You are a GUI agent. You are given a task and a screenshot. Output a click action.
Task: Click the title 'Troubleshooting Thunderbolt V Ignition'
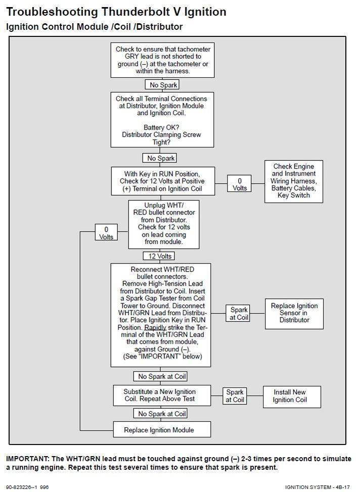(x=116, y=12)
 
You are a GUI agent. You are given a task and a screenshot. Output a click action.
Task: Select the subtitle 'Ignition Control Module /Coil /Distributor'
(x=94, y=27)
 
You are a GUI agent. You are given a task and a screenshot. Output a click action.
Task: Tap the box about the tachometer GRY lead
(x=162, y=60)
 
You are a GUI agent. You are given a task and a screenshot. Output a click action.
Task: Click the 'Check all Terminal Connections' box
(x=161, y=119)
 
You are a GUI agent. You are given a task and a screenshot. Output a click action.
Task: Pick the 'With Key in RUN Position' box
(x=162, y=181)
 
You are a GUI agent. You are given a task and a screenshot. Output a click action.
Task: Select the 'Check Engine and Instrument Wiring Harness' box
(x=293, y=181)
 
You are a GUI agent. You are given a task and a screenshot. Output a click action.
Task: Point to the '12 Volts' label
(x=158, y=256)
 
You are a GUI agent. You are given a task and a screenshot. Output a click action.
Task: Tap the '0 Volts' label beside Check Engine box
(x=240, y=184)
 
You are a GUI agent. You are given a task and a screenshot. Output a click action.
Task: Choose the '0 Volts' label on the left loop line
(x=106, y=233)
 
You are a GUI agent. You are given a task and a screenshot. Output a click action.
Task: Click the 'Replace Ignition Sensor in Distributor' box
(x=294, y=313)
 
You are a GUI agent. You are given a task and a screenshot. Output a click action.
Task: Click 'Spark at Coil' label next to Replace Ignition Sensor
(x=239, y=314)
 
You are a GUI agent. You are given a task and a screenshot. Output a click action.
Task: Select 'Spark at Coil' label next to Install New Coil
(x=235, y=395)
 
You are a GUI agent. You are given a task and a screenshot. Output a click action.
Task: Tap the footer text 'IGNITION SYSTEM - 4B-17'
(x=317, y=487)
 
